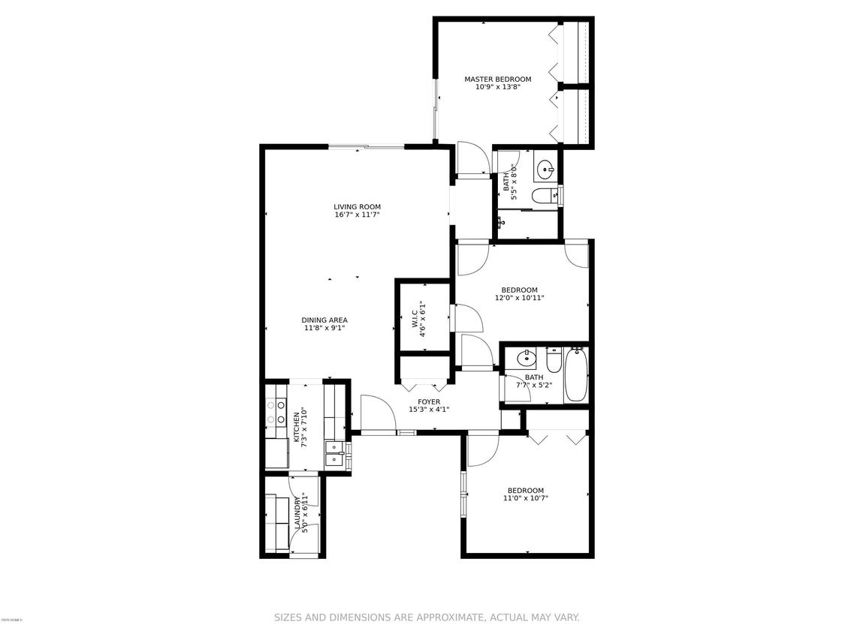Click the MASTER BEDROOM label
[497, 79]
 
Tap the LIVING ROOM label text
[358, 207]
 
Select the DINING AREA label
[324, 320]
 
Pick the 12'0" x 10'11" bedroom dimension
[519, 298]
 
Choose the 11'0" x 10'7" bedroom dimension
[525, 498]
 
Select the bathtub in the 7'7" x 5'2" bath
[576, 374]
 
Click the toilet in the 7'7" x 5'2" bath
[554, 361]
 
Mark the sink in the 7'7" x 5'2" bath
[527, 356]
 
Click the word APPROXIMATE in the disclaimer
[436, 617]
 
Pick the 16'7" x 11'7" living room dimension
[358, 215]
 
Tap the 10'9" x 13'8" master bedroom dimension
[497, 87]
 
